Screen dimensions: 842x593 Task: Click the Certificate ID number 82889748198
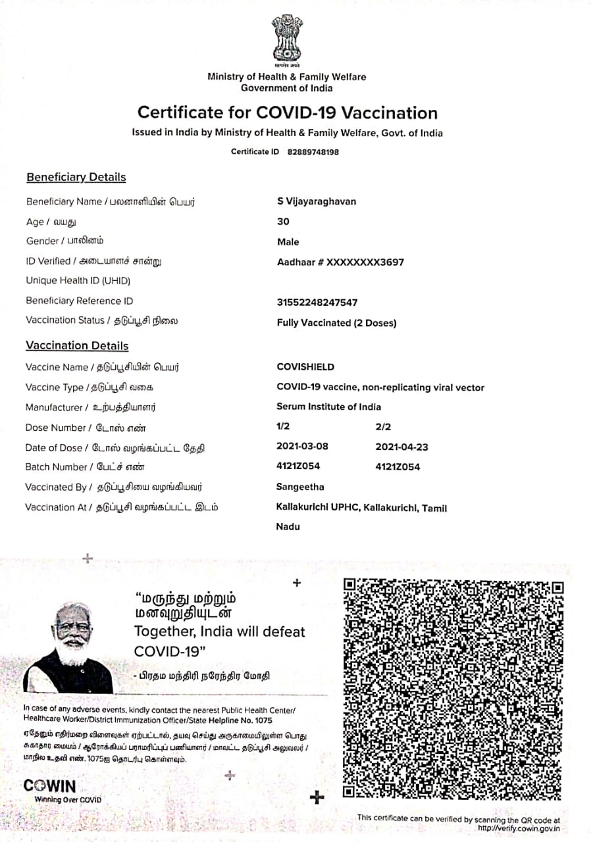click(313, 152)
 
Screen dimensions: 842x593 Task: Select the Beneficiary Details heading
click(76, 178)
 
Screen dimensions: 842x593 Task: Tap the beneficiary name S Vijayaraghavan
click(317, 202)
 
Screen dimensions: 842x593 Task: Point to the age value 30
click(284, 222)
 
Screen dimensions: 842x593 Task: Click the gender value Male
click(288, 242)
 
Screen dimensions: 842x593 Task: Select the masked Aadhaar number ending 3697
click(341, 262)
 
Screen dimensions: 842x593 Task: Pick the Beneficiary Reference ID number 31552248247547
click(318, 303)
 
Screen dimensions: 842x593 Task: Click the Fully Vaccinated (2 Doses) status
click(337, 323)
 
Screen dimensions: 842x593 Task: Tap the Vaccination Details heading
click(77, 346)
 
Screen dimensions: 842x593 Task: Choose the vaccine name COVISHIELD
click(305, 367)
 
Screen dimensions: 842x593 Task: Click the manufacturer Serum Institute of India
click(328, 407)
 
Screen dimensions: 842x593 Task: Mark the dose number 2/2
click(383, 427)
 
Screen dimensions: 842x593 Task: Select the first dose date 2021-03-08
click(302, 446)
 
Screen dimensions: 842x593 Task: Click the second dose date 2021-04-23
click(401, 447)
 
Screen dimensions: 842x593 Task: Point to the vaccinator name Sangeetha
click(300, 487)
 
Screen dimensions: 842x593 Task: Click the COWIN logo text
click(49, 786)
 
